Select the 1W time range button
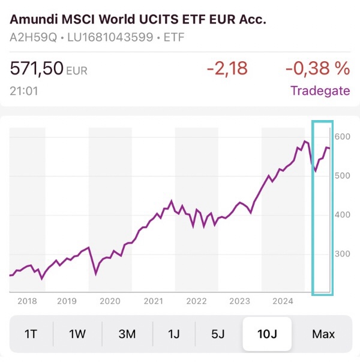click(x=77, y=334)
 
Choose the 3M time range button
click(x=127, y=334)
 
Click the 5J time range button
click(x=218, y=334)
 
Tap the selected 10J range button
click(x=267, y=334)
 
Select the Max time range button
click(x=323, y=334)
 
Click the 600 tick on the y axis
click(x=342, y=136)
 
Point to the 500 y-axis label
click(x=342, y=175)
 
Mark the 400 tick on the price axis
click(x=342, y=214)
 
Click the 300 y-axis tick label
click(x=342, y=253)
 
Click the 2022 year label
click(x=196, y=301)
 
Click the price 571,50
click(x=37, y=68)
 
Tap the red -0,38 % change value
click(x=317, y=68)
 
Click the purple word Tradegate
click(x=320, y=91)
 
